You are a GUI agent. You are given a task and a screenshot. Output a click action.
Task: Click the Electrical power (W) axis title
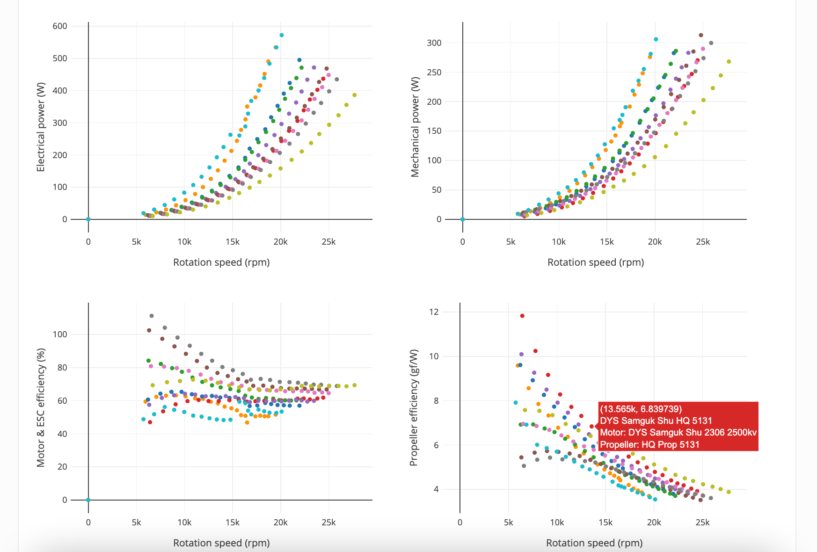pos(41,127)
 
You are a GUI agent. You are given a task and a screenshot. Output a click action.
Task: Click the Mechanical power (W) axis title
pos(415,127)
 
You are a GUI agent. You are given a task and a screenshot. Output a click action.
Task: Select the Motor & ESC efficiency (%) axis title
pos(41,407)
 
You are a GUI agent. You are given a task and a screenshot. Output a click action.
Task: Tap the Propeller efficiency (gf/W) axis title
pos(414,407)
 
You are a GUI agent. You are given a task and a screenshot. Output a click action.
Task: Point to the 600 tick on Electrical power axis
pos(60,26)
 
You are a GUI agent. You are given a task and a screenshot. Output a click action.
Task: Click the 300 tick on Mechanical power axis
pos(434,43)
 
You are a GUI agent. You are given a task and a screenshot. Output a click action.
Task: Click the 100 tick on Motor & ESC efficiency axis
pos(60,334)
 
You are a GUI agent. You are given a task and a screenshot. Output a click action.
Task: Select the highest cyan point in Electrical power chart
pos(281,35)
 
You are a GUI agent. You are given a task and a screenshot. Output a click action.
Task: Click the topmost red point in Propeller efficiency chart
pos(522,316)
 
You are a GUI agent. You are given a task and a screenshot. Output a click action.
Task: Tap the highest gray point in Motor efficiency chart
pos(152,316)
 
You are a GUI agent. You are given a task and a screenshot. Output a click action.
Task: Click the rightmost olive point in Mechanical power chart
pos(729,62)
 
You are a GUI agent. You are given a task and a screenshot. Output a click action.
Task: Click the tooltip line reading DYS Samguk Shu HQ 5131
pos(656,421)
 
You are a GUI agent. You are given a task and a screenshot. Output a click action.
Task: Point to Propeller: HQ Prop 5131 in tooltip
pos(649,444)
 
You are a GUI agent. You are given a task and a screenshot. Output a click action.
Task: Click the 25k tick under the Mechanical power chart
pos(703,242)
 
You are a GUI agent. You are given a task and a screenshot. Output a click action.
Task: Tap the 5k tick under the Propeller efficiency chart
pos(509,523)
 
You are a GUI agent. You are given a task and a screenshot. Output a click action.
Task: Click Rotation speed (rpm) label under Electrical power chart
pos(221,262)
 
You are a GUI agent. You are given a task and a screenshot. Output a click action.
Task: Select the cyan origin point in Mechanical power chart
pos(462,219)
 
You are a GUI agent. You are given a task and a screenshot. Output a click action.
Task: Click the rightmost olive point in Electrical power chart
pos(354,95)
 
